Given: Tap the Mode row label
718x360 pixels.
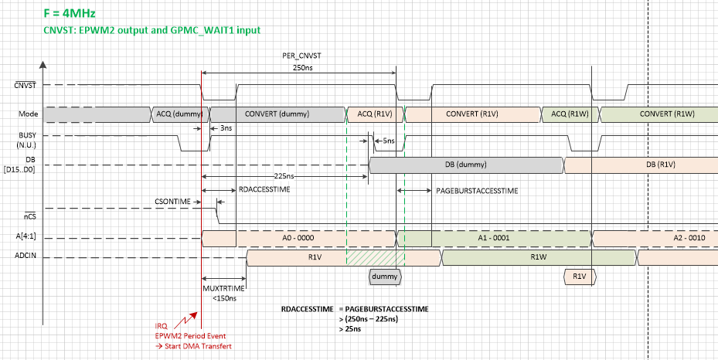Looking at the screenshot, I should tap(29, 114).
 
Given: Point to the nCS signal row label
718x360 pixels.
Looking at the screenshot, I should tap(29, 218).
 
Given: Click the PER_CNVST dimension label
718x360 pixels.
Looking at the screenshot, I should tap(299, 57).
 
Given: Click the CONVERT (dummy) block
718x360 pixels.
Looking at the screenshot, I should tap(277, 114).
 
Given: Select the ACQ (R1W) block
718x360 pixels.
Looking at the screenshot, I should tap(570, 114).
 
